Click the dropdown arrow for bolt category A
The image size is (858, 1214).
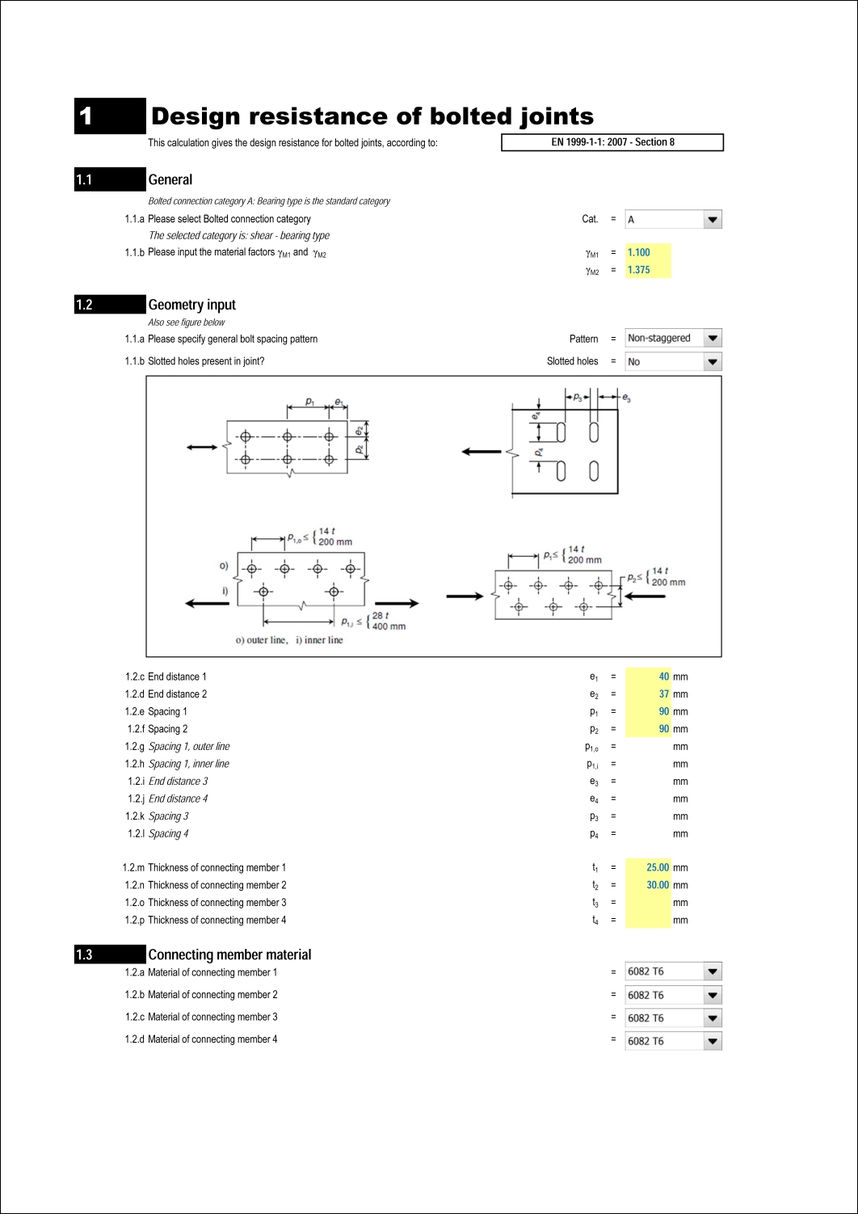pos(712,220)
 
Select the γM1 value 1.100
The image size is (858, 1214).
pos(639,253)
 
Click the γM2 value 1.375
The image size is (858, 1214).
pos(639,270)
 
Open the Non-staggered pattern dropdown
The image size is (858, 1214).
pos(712,339)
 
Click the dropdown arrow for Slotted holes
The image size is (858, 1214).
pos(712,362)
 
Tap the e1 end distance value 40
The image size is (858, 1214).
pos(663,677)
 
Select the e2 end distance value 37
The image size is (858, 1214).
pos(663,694)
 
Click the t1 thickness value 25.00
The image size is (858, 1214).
pos(658,868)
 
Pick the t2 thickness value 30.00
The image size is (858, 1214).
pos(658,885)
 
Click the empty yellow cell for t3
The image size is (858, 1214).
pos(648,903)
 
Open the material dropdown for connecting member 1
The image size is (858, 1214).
pos(712,972)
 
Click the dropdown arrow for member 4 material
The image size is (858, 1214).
pos(712,1041)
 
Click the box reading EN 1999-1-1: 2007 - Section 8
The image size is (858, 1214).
pos(612,142)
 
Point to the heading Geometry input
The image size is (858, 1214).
pos(191,305)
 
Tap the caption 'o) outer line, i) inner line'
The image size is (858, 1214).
pos(289,640)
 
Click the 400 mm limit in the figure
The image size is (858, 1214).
pos(389,626)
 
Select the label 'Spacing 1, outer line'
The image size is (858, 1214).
pos(189,747)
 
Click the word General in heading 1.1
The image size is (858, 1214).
pos(170,179)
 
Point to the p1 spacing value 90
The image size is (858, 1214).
pos(663,712)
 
